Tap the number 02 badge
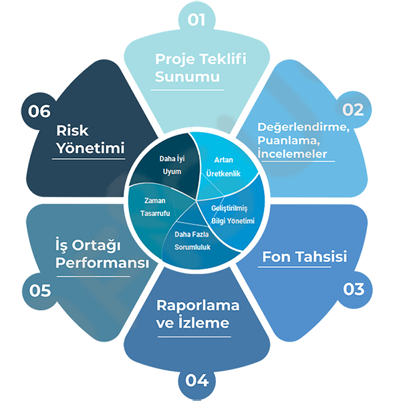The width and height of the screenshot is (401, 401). (x=352, y=110)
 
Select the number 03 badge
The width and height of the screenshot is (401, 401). (x=352, y=289)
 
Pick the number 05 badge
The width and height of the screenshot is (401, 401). (x=37, y=290)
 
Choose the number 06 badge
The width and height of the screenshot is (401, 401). (x=39, y=111)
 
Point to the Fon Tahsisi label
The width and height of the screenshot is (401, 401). (x=304, y=257)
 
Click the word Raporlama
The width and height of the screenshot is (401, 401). (x=198, y=305)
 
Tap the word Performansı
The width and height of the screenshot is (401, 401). (x=102, y=263)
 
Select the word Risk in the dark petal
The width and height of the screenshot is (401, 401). (x=73, y=130)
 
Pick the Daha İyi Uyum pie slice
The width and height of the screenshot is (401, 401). (x=170, y=165)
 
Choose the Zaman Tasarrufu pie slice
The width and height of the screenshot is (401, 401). (x=158, y=207)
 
